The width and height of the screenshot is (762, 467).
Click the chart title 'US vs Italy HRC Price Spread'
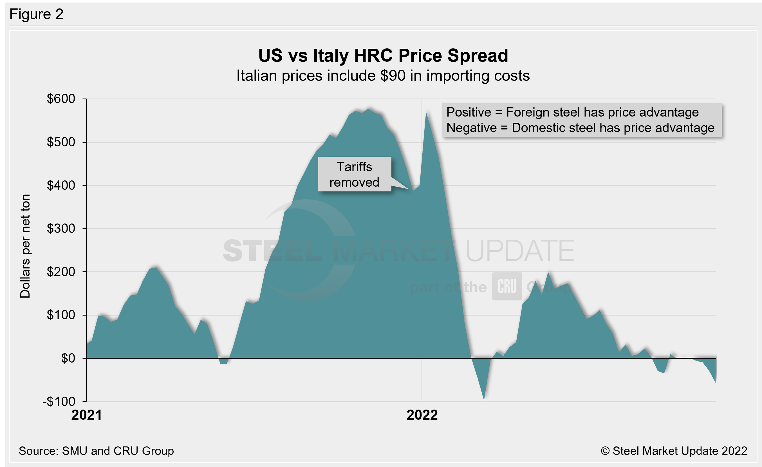click(383, 56)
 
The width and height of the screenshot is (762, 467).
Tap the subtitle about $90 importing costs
click(383, 76)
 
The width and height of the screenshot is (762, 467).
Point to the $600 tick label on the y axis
click(61, 99)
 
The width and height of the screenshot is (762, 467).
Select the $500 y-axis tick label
click(61, 142)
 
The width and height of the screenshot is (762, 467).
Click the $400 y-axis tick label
click(61, 186)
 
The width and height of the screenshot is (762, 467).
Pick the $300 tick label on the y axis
click(61, 229)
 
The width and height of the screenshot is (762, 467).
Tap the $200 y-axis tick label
click(61, 272)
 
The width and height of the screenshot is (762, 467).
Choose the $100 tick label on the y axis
click(61, 315)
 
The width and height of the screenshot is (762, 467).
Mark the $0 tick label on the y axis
click(68, 358)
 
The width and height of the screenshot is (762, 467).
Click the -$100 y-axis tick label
click(59, 402)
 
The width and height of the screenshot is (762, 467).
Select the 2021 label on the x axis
click(87, 415)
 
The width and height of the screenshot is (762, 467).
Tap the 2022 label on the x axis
click(422, 415)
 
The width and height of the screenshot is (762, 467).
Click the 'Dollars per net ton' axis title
click(25, 246)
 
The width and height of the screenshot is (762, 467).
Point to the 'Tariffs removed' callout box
click(354, 175)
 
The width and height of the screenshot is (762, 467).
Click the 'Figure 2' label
click(37, 14)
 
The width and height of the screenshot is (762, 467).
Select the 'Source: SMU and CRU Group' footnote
click(96, 451)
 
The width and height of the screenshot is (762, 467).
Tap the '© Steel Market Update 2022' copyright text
click(674, 451)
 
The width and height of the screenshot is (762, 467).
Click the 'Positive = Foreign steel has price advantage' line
click(572, 112)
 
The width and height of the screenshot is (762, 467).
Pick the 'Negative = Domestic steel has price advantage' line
click(581, 128)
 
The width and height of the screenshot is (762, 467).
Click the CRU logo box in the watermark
click(507, 286)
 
